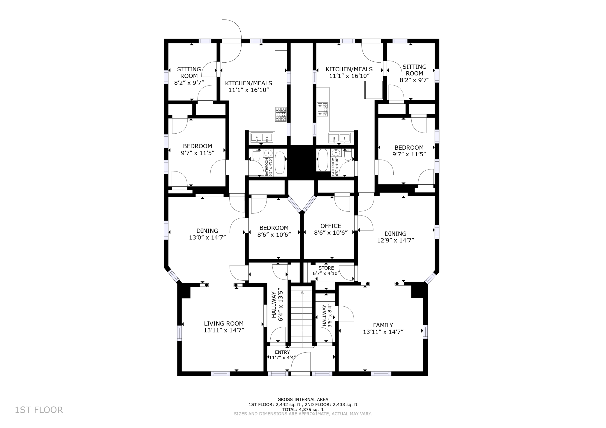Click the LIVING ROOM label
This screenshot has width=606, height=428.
point(224,323)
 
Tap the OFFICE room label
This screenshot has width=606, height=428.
point(331,226)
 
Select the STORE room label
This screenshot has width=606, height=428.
point(326,268)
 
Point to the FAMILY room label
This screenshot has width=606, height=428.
point(383,325)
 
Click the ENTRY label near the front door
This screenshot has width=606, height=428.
point(282,352)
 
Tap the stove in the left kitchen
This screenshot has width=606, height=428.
point(281,114)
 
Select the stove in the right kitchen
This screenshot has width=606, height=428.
point(323,109)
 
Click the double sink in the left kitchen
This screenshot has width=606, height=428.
point(262,137)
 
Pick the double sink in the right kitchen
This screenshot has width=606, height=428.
point(339,137)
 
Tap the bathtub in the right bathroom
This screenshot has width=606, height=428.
point(323,160)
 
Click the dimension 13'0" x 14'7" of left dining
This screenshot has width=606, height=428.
point(207,238)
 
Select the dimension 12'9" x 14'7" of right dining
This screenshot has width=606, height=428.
point(395,240)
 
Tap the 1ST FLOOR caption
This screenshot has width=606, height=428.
point(39,410)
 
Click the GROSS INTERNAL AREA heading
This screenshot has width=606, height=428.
point(303,399)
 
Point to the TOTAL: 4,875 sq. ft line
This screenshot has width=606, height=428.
point(303,409)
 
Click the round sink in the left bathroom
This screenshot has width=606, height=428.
point(268,153)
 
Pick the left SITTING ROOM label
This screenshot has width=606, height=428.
point(189,72)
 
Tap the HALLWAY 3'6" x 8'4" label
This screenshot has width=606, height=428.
point(327,316)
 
